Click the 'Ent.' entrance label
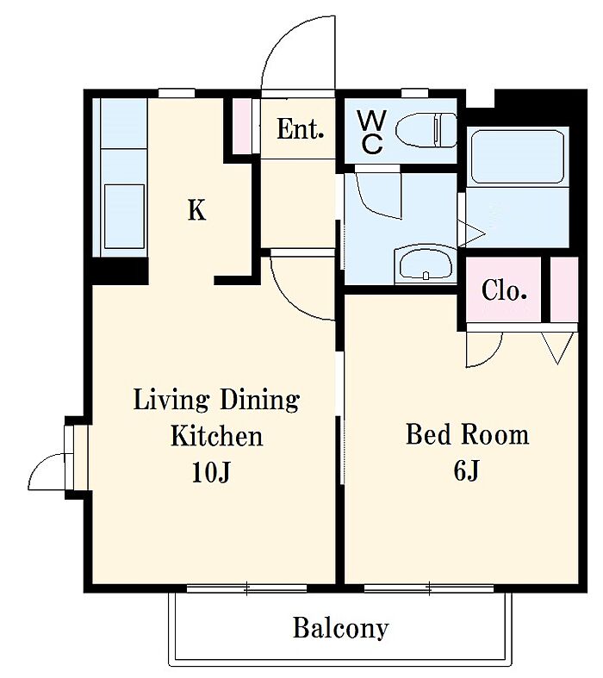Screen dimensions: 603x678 point(301,129)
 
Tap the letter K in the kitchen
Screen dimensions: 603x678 point(196,210)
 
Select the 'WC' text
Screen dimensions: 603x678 point(371,133)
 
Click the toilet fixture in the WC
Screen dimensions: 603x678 point(426,130)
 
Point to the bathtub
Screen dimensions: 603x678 point(518,156)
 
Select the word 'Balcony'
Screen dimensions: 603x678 point(340,628)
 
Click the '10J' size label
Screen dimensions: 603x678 point(211,471)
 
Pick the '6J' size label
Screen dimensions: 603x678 point(466,470)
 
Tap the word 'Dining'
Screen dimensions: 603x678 point(260,401)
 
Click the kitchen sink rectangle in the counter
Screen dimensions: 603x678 point(125,216)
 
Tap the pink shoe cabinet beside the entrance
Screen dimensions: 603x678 point(242,126)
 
